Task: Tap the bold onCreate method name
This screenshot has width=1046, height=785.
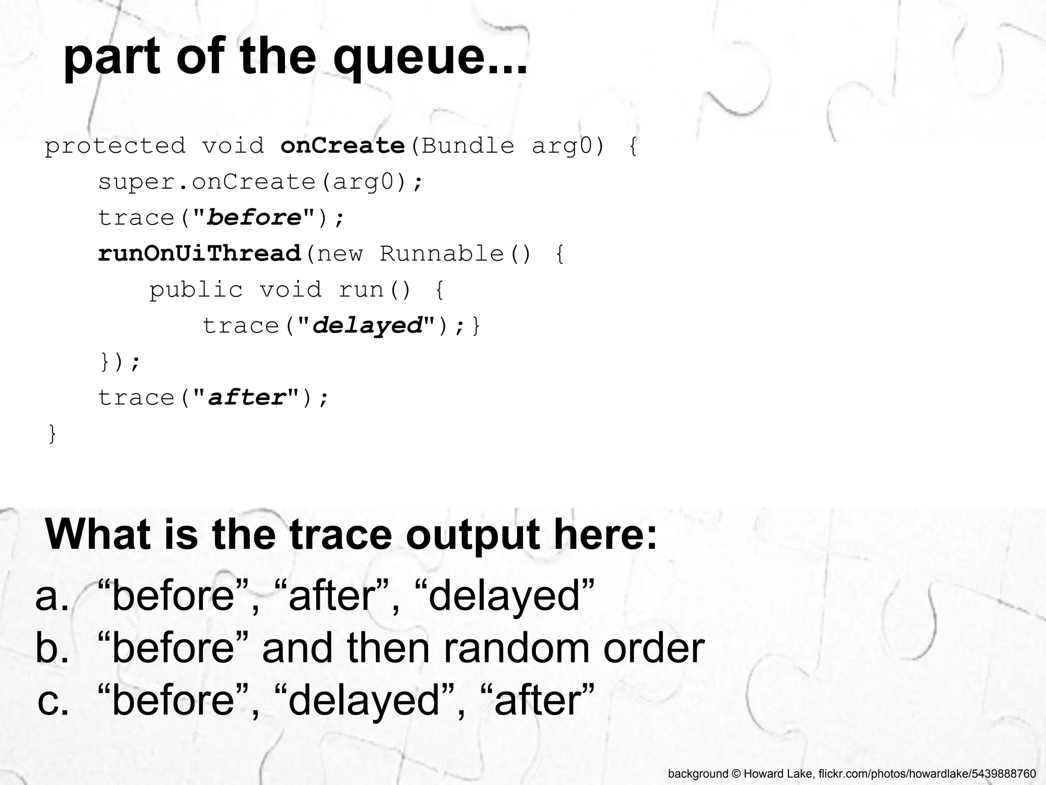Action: [x=343, y=146]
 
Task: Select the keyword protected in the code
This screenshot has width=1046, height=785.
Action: [x=115, y=146]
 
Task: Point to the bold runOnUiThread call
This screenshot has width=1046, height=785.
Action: [x=200, y=254]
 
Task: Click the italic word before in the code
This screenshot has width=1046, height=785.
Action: [x=254, y=218]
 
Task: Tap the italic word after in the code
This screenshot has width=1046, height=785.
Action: [x=247, y=398]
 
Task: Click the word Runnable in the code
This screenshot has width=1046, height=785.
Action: [x=441, y=254]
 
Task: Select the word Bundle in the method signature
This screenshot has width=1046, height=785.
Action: [x=468, y=146]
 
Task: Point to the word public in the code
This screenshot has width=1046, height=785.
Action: [x=196, y=290]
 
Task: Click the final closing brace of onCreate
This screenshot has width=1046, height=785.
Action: [x=52, y=434]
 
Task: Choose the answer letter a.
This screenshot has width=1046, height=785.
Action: [x=52, y=597]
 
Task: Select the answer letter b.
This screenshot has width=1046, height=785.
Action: [x=52, y=648]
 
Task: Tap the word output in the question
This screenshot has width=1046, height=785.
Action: [x=472, y=535]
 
